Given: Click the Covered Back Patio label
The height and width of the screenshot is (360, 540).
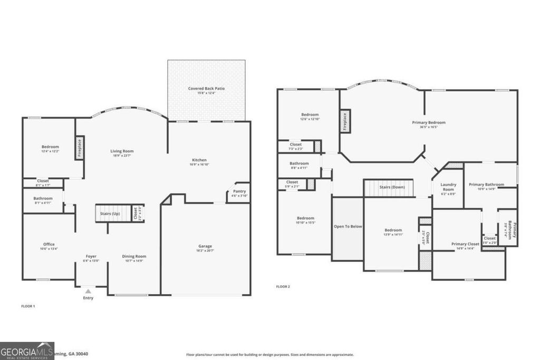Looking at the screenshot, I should point(206,89).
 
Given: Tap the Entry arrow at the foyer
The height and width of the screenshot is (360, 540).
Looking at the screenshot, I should point(88,290).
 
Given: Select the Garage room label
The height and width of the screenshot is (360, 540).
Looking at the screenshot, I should point(205,246).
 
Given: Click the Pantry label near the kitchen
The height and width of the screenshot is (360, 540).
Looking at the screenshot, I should point(239,191).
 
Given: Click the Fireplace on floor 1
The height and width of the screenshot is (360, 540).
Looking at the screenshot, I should point(80,148).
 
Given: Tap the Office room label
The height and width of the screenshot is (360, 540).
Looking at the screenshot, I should point(49,244).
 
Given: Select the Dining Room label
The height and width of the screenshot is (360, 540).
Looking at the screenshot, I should point(134,256).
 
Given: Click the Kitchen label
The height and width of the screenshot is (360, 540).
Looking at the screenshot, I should point(199,160).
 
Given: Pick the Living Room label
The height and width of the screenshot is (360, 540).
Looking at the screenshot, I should point(121,151).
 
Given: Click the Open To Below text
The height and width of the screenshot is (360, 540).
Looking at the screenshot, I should point(348,226).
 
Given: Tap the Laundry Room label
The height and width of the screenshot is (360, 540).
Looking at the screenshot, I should point(448,187).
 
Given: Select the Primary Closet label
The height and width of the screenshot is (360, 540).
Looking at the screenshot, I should point(465,244).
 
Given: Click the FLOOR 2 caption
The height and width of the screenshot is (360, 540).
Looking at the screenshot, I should point(283,287).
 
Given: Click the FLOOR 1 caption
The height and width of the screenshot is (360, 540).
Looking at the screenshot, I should point(28,306).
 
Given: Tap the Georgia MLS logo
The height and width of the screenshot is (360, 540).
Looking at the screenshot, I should point(27,351).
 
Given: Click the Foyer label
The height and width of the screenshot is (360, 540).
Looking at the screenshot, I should point(91,256).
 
